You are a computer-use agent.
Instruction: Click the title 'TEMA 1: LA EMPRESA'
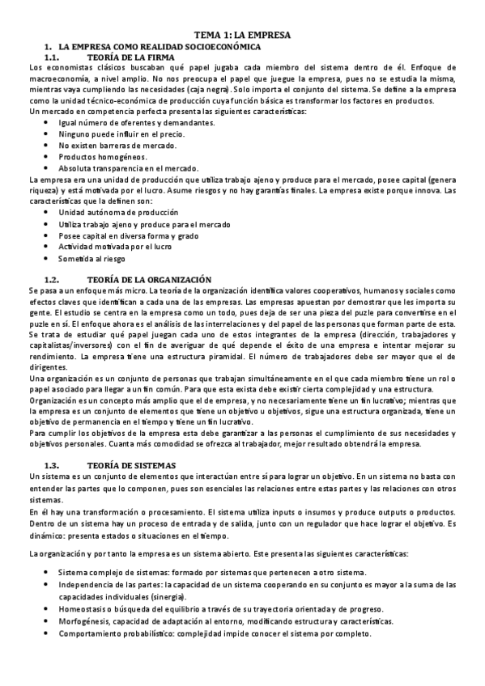(x=242, y=36)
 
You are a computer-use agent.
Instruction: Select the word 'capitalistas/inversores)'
(x=67, y=343)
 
